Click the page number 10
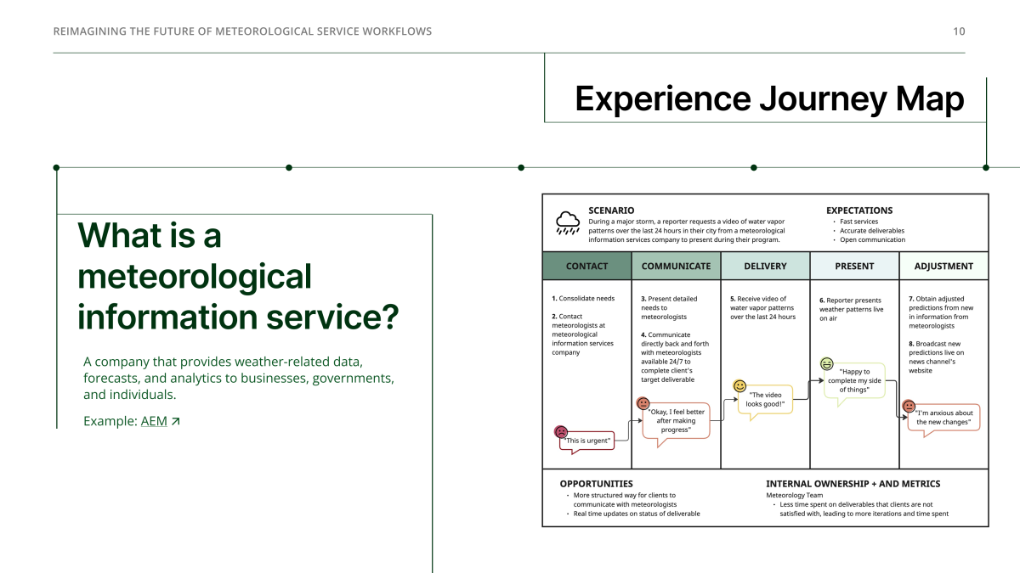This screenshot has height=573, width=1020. (x=959, y=31)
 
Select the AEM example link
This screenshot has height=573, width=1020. (x=154, y=421)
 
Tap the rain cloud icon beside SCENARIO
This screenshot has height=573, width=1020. (x=568, y=222)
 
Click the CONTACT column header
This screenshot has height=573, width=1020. (x=586, y=266)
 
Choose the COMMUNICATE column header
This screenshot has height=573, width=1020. (x=676, y=266)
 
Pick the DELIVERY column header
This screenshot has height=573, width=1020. (x=765, y=266)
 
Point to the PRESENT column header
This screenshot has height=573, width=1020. (x=854, y=266)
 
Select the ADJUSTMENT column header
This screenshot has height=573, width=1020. (x=943, y=266)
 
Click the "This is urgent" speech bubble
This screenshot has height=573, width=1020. (x=587, y=441)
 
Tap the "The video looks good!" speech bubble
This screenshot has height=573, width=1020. (x=765, y=400)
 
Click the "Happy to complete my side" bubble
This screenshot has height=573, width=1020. (x=854, y=380)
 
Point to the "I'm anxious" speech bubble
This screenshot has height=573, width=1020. (x=943, y=418)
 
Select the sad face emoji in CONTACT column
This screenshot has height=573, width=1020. (x=561, y=431)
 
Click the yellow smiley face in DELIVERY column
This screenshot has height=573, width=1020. (x=739, y=386)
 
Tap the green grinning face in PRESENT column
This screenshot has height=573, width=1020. (x=827, y=364)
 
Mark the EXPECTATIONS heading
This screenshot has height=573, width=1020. (x=859, y=211)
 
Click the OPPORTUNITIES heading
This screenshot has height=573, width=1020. (x=596, y=484)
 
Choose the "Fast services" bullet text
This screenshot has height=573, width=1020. (x=858, y=222)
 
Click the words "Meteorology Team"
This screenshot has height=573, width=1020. (x=794, y=495)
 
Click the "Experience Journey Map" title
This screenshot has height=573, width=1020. (x=769, y=98)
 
